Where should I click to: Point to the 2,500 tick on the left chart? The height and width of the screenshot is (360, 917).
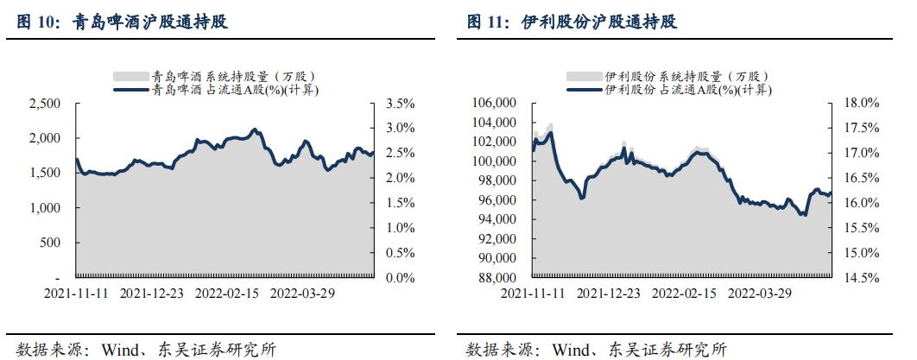tap(45, 104)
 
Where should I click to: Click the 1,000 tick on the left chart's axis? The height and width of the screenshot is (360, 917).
tap(45, 208)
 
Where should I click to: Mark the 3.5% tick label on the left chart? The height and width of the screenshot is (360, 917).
tap(400, 104)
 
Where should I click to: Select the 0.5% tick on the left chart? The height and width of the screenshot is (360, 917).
tap(400, 253)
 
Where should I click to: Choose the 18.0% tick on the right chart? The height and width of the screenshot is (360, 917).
tap(858, 104)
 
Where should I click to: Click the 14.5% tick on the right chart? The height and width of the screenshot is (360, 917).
tap(858, 278)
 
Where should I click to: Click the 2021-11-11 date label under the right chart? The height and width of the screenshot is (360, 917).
tap(534, 294)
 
